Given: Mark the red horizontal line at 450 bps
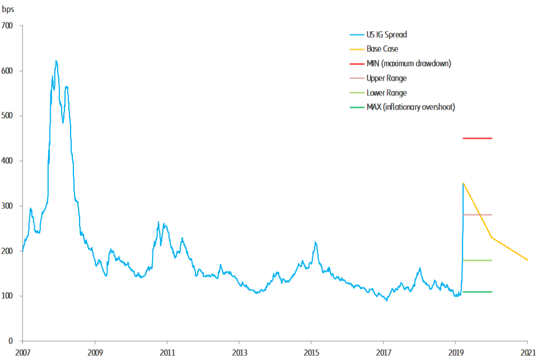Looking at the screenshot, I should pyautogui.click(x=477, y=138).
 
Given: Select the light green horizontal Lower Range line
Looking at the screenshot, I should pyautogui.click(x=477, y=260).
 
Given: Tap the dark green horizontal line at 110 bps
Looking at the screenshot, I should pyautogui.click(x=477, y=292).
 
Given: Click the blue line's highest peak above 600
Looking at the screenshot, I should pyautogui.click(x=56, y=61).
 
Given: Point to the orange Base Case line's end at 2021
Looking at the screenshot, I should pyautogui.click(x=527, y=260).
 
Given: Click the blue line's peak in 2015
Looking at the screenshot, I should pyautogui.click(x=316, y=242).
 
